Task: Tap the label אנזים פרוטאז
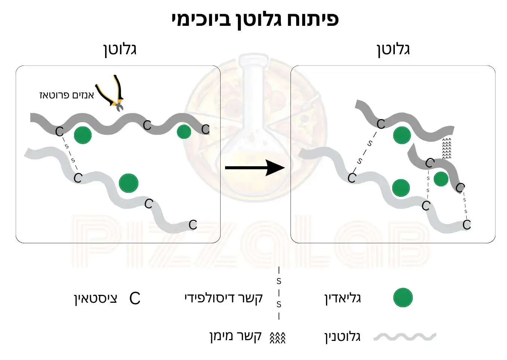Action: click(x=67, y=95)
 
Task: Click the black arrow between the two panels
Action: click(x=255, y=167)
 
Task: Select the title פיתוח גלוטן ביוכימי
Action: click(x=255, y=19)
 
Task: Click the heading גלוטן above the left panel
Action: click(x=120, y=49)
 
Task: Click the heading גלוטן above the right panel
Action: click(x=393, y=49)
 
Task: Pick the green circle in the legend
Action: click(x=403, y=298)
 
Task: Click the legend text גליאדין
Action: click(x=342, y=298)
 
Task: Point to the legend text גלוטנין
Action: click(x=342, y=336)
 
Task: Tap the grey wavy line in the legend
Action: click(x=405, y=337)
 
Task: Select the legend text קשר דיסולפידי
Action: click(x=224, y=298)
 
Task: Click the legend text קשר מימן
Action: click(x=235, y=336)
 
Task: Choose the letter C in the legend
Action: click(x=135, y=299)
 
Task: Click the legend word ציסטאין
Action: click(x=96, y=298)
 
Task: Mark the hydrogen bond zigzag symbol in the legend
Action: click(x=277, y=338)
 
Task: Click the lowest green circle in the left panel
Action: click(x=128, y=183)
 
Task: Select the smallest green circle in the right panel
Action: click(x=441, y=179)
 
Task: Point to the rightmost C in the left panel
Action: click(x=205, y=129)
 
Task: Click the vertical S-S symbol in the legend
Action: click(x=279, y=293)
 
